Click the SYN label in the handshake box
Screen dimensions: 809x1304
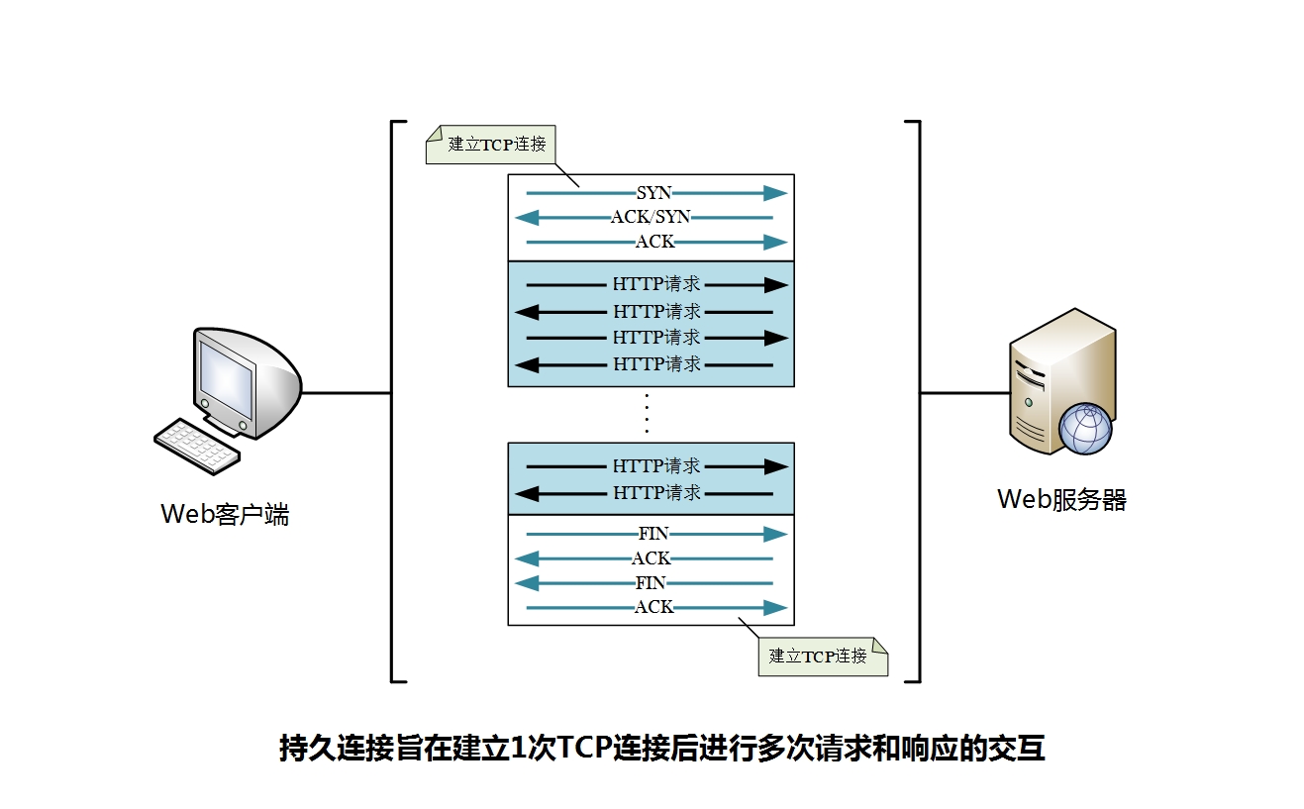(x=653, y=192)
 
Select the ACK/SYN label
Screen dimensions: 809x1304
(x=651, y=217)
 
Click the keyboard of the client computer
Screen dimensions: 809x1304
(x=197, y=445)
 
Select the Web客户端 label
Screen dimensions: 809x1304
(x=225, y=515)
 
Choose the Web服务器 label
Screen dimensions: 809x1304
(x=1061, y=499)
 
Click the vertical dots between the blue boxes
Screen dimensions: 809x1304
(x=647, y=413)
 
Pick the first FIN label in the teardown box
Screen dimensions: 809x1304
(x=653, y=534)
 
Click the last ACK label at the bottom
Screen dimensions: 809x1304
(x=653, y=607)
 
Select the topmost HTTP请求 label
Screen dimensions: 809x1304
(x=656, y=284)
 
